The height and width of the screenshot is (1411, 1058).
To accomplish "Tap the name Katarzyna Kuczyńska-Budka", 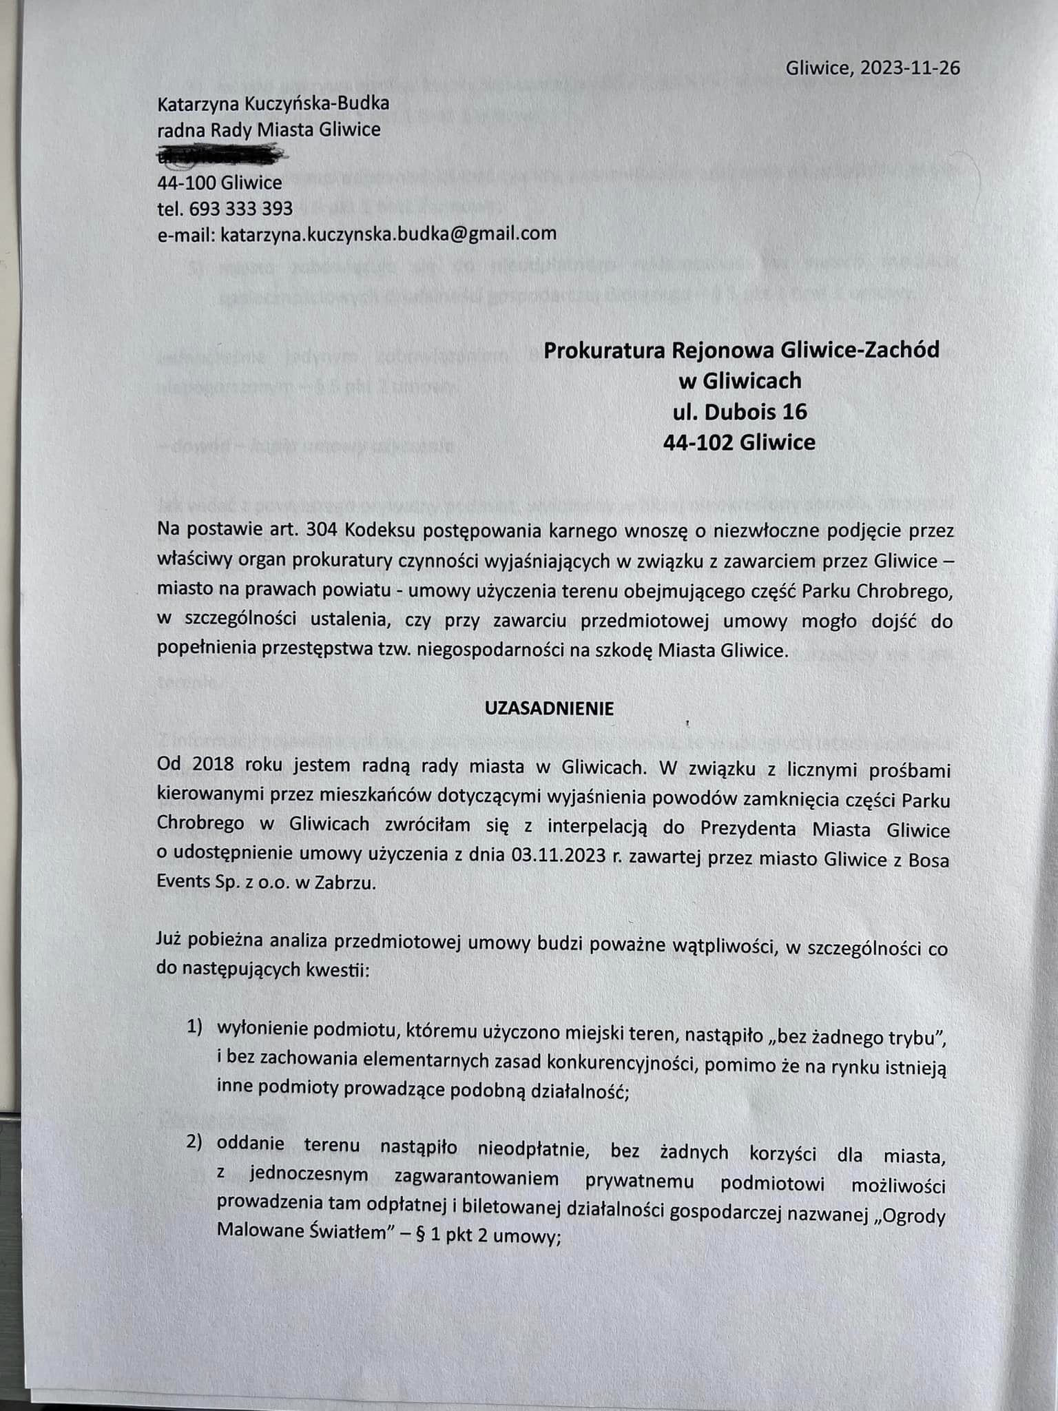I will (273, 104).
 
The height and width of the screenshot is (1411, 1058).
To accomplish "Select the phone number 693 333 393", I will (241, 208).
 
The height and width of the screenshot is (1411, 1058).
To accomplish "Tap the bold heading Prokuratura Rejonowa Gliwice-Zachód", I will (741, 350).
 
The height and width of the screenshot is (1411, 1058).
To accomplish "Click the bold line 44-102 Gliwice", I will (739, 442).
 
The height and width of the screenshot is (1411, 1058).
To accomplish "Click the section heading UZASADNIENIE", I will (549, 709).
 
